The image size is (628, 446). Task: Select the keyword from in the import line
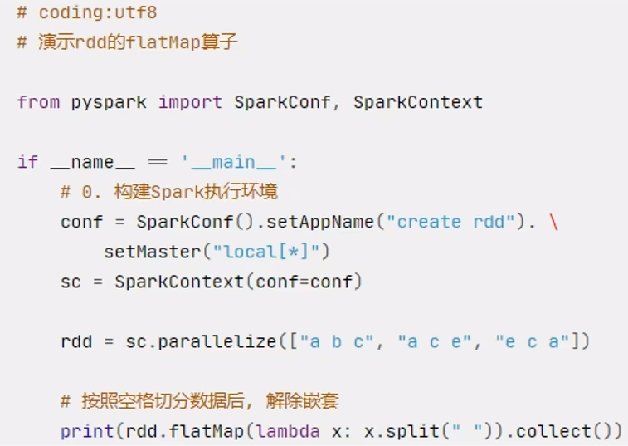pos(38,102)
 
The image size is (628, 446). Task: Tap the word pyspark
pos(109,102)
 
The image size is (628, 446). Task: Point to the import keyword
pos(190,102)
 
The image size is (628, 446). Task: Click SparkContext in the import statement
pos(417,102)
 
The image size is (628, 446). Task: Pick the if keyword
pos(27,162)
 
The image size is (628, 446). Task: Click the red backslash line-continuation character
pos(553,222)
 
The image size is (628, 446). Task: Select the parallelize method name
pos(222,341)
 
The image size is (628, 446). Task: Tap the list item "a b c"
pos(336,341)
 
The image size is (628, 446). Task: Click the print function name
pos(87,431)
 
